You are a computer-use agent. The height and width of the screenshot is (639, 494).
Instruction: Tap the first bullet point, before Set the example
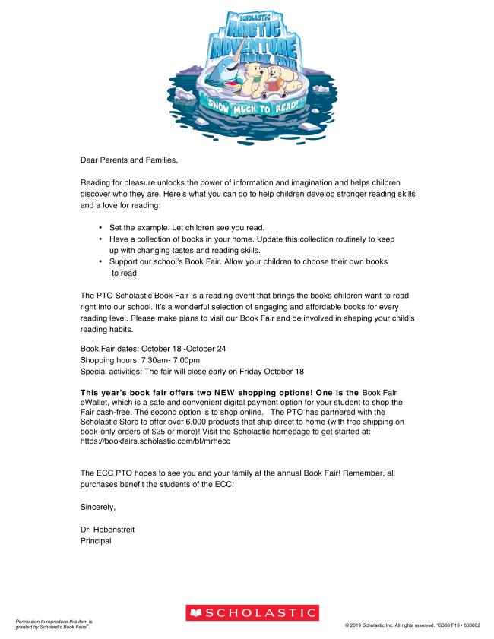(100, 227)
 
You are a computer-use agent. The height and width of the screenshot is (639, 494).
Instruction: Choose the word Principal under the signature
(96, 541)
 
